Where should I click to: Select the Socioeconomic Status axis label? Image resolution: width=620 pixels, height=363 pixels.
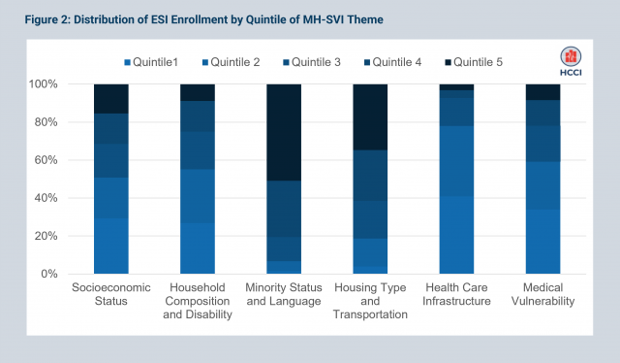110,294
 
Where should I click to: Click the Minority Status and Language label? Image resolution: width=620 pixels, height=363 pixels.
284,294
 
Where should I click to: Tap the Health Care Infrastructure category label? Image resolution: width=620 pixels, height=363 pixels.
456,294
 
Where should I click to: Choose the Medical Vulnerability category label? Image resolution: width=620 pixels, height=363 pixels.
542,294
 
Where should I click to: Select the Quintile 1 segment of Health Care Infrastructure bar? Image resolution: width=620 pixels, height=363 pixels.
456,235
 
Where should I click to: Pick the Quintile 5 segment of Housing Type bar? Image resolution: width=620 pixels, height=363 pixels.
370,116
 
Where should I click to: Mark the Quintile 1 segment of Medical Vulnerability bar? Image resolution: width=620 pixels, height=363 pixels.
542,242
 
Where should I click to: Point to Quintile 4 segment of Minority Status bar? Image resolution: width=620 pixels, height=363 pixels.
284,209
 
